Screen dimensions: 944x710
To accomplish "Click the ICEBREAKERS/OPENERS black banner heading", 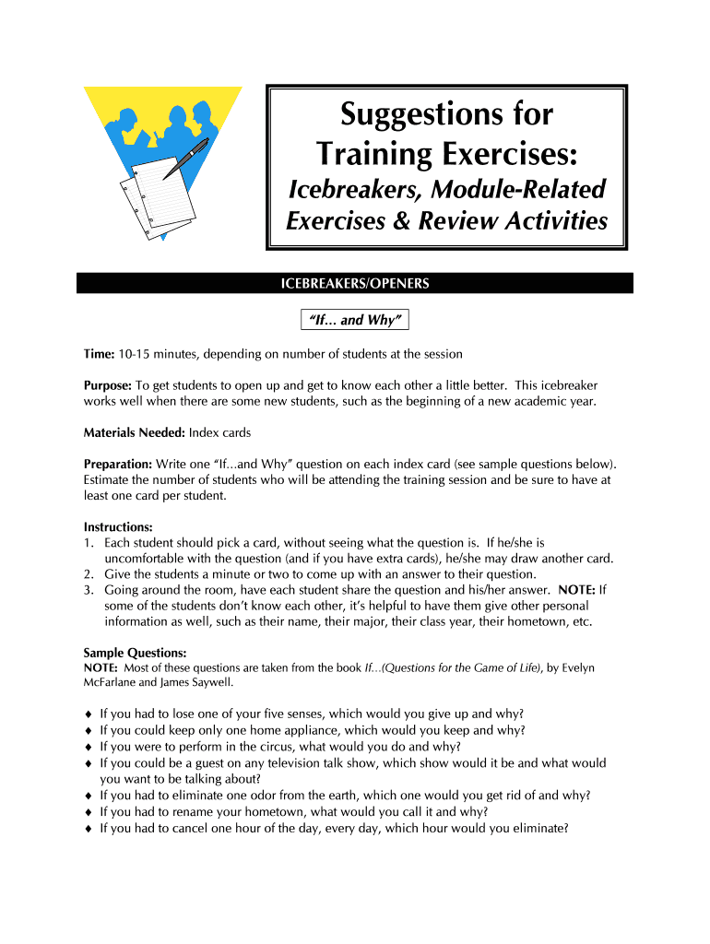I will point(355,284).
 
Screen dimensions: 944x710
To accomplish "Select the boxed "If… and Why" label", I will point(354,320).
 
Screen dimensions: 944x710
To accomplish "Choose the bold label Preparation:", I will point(117,464).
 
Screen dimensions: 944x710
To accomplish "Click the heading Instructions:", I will point(119,527).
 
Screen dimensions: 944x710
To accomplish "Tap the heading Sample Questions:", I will point(135,653).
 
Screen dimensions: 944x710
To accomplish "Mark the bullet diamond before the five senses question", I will point(88,714).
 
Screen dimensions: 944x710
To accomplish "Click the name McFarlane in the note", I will point(113,682).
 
